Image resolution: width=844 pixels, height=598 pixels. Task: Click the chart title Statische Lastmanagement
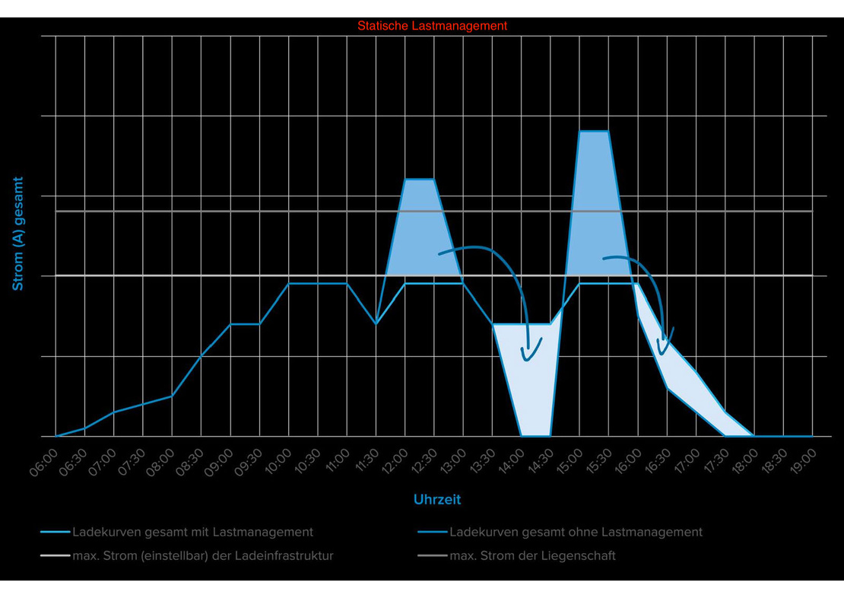tap(432, 26)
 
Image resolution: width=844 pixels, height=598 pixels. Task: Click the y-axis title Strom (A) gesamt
tap(18, 234)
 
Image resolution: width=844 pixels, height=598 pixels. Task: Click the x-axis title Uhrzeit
tap(437, 500)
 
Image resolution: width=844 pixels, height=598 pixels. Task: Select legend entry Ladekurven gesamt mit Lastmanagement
tap(192, 532)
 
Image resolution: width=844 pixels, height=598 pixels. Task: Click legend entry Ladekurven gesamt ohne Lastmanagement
tap(576, 532)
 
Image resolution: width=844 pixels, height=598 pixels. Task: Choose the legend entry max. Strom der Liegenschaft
tap(532, 555)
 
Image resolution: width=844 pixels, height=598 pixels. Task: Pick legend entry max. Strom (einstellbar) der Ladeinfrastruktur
tap(202, 555)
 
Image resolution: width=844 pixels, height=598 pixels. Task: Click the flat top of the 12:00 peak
tap(419, 179)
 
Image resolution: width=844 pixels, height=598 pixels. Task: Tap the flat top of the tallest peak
tap(594, 132)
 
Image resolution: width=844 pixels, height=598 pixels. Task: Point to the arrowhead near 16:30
tap(665, 335)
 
